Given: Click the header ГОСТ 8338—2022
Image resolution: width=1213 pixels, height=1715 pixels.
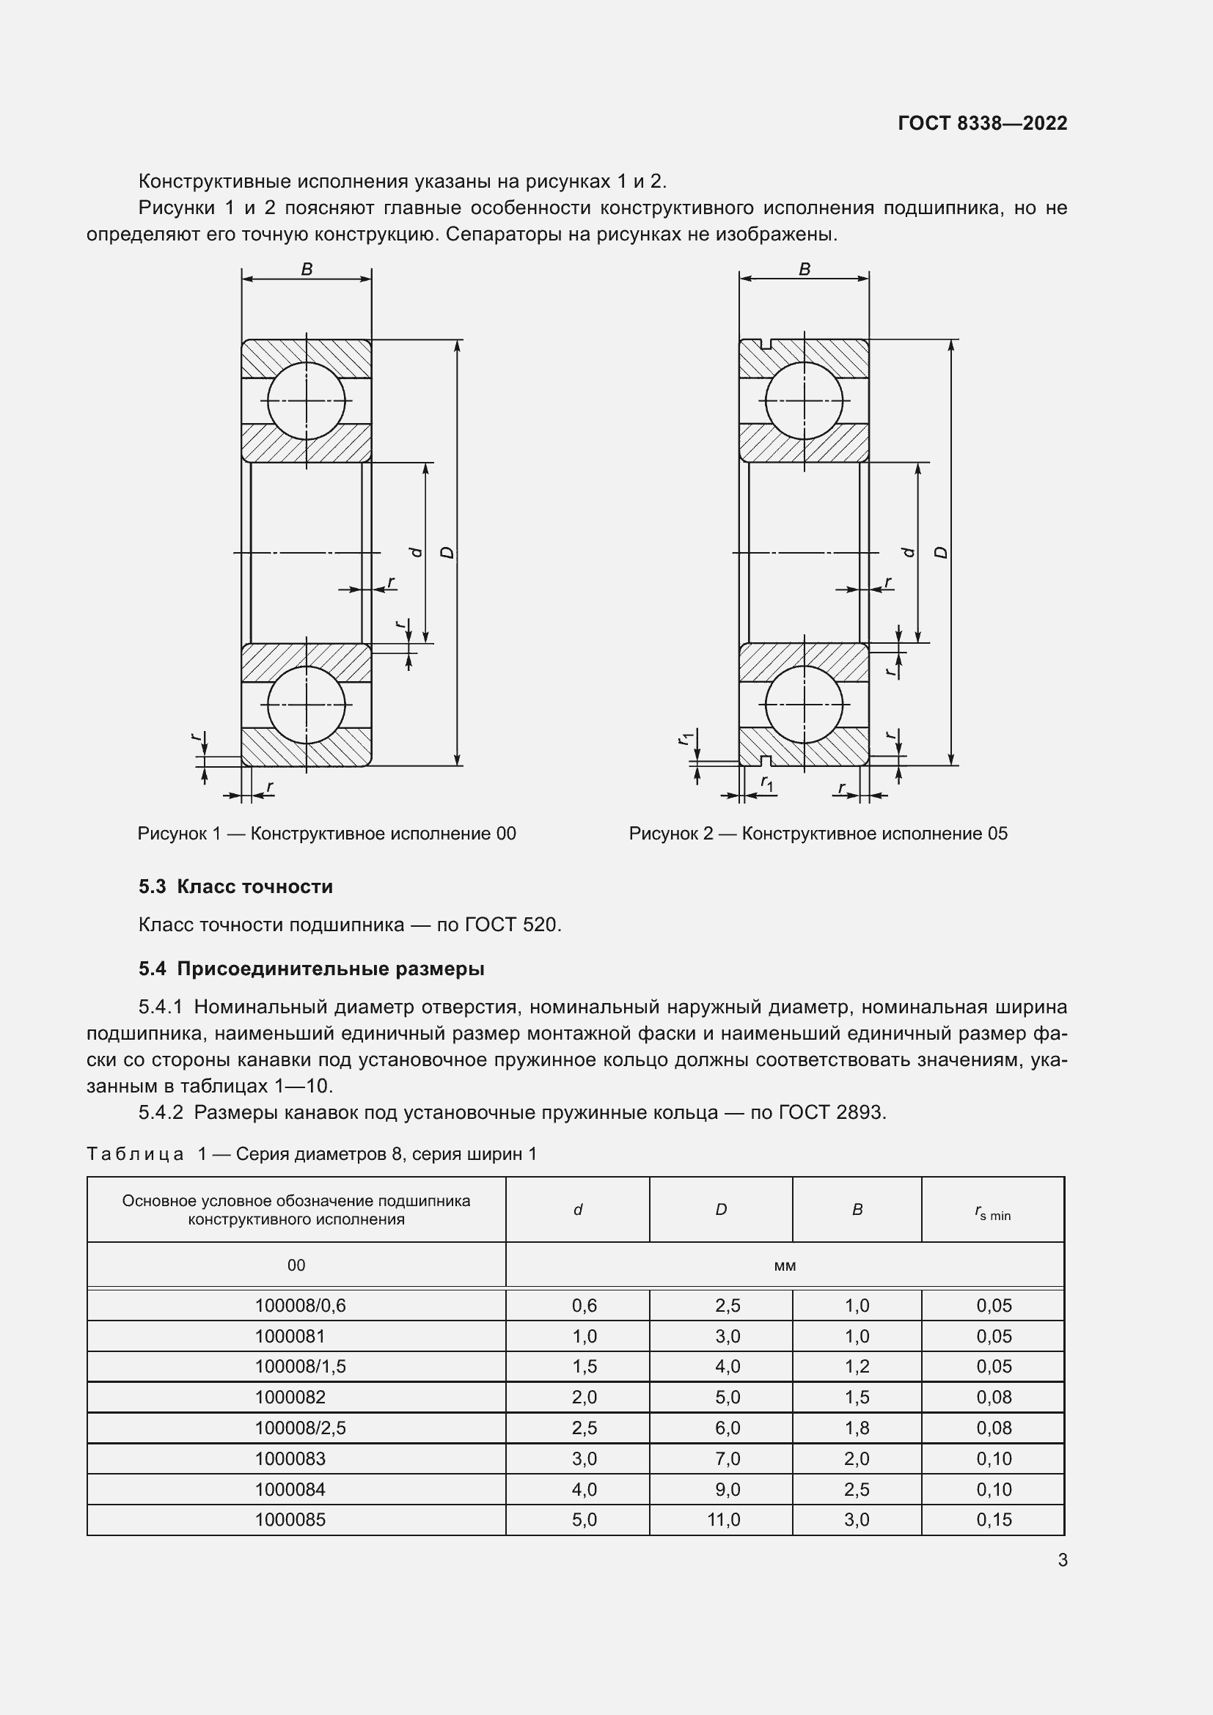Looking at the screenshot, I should pos(982,123).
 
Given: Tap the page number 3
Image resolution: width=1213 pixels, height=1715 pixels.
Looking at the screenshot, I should pos(1062,1560).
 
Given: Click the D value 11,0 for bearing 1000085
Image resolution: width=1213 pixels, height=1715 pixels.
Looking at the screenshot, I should pos(723,1519).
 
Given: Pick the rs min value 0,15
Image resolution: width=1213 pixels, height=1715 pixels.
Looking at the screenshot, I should pos(994,1519).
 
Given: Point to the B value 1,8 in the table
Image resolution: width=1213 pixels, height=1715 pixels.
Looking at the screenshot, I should pos(857,1428).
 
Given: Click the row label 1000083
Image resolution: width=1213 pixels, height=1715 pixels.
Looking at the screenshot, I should pos(290,1458).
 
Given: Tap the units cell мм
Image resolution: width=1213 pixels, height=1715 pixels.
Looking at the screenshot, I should pos(785,1266).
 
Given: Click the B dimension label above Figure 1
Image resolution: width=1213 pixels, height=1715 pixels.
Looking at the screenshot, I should pos(307,270).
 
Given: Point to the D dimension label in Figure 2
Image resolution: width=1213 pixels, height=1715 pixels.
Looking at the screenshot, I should pos(941,553).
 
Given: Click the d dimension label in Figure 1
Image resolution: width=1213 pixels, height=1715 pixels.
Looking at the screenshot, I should pos(417,553).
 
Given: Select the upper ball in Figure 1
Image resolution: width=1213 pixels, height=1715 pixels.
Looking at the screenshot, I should pos(307,401).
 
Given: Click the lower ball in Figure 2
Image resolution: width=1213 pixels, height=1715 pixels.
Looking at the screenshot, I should pos(805,705).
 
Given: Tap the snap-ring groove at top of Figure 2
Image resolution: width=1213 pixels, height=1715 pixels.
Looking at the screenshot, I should pos(763,344).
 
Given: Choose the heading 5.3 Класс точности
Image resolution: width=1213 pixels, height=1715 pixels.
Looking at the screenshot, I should pos(235,886).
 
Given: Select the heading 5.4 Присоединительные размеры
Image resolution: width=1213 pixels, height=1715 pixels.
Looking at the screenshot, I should pos(312,969).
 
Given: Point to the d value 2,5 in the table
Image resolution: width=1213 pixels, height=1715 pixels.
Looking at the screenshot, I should pos(584,1428).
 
